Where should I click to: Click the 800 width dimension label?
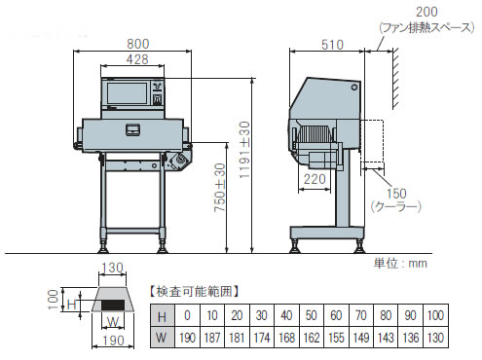(138, 44)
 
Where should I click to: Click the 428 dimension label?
(137, 59)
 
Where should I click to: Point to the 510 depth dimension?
(332, 45)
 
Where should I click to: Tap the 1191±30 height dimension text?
(244, 150)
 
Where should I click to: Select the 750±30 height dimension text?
(220, 188)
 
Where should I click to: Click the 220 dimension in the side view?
(315, 179)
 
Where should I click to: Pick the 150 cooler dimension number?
(396, 194)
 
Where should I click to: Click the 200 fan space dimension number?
(426, 12)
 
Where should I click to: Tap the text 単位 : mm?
(400, 263)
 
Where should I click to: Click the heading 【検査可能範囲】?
(194, 292)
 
